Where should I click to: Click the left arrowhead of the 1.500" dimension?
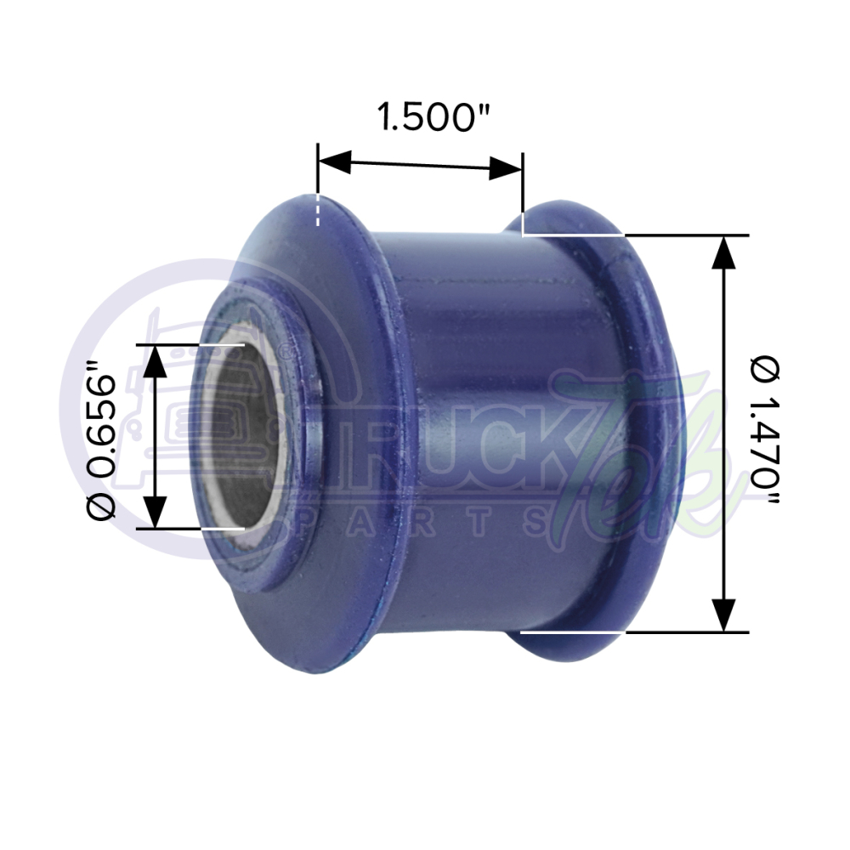coord(334,161)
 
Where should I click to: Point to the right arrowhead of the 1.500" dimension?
coord(506,168)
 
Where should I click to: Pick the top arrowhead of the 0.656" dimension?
coord(154,360)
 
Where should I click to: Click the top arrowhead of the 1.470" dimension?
coord(723,252)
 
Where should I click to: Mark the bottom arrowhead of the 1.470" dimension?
coord(723,615)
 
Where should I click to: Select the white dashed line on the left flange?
coord(318,210)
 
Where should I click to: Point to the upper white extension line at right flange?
coord(574,234)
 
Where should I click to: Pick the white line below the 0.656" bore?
coord(223,528)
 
